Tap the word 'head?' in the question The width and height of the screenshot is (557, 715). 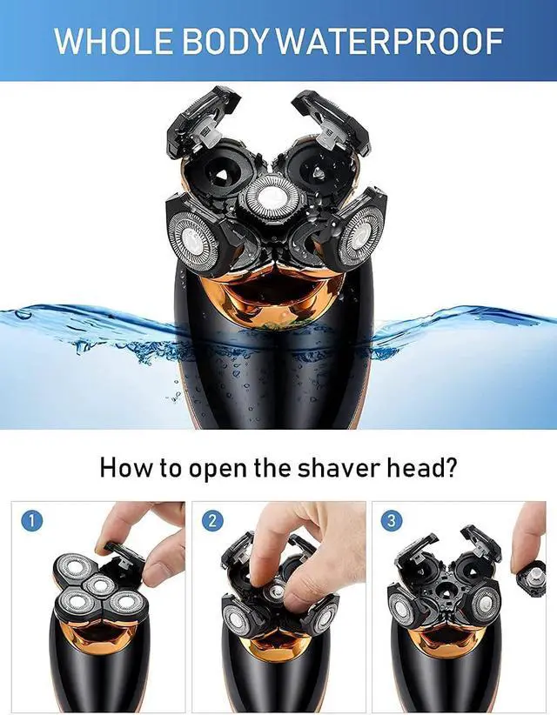tap(426, 467)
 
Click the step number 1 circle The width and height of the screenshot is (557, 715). tap(31, 521)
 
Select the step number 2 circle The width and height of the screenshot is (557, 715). tap(211, 521)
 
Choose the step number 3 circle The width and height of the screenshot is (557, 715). tap(393, 521)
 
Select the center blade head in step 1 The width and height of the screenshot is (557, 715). tap(97, 585)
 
